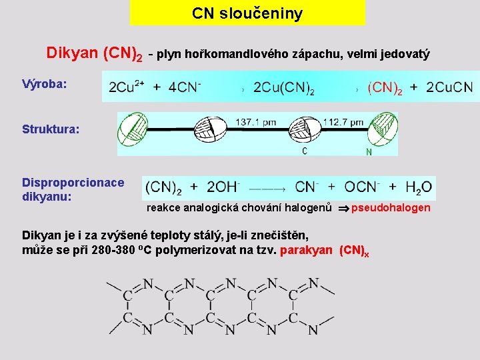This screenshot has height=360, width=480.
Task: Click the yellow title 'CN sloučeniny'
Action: pos(247,13)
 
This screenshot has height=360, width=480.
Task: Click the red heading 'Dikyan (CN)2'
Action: pos(94,53)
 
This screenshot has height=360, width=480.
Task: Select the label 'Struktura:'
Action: pos(51,129)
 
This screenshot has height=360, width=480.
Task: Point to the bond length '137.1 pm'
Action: pos(255,122)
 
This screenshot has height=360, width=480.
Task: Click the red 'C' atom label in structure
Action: pos(305,151)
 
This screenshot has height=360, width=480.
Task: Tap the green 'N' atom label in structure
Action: pos(369,152)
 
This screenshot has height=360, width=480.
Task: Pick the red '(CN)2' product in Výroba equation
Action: pos(385,88)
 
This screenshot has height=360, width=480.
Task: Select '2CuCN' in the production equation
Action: pos(449,88)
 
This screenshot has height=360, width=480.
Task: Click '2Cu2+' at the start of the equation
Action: pos(127,87)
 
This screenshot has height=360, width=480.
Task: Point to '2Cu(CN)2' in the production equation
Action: pos(284,88)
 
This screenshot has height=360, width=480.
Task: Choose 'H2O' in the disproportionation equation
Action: pos(418,188)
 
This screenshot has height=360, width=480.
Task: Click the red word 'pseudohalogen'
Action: pos(391,208)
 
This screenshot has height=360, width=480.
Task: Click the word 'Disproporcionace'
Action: pos(73,183)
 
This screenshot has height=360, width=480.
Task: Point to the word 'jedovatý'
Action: pos(407,53)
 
